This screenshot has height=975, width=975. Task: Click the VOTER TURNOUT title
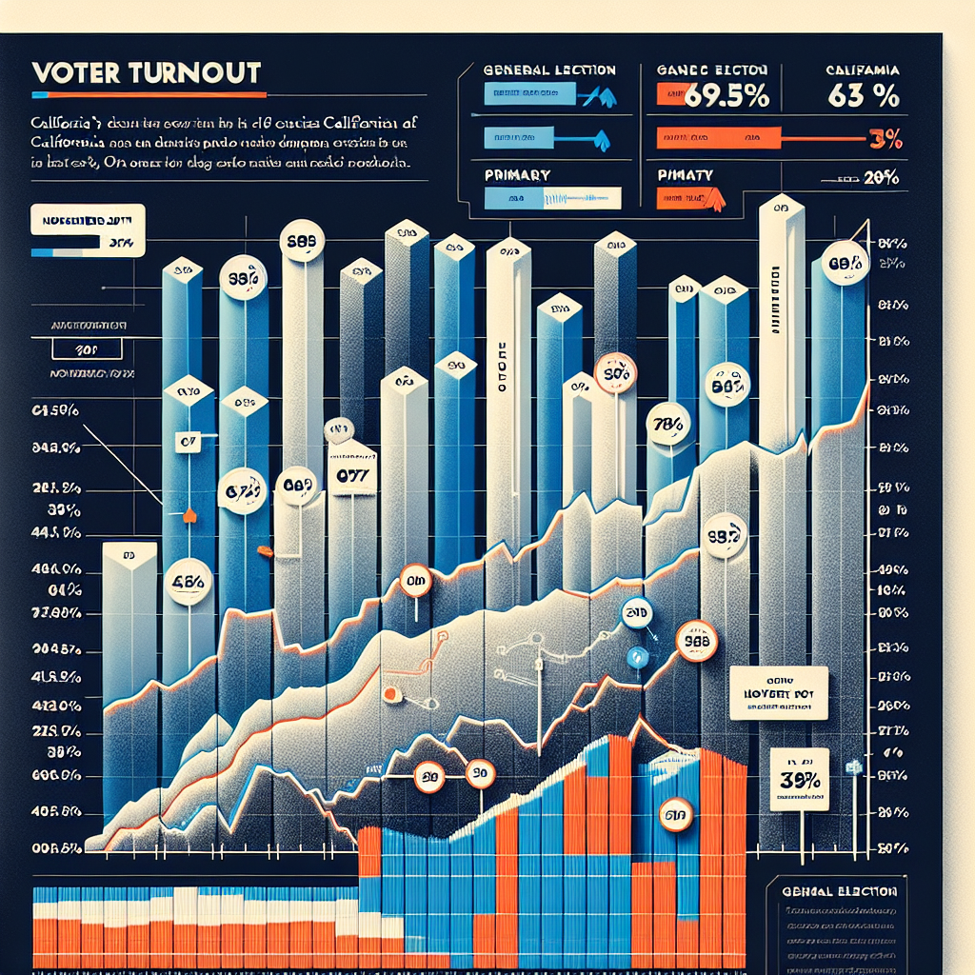147,72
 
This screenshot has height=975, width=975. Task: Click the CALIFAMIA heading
862,69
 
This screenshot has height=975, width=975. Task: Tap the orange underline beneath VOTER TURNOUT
147,95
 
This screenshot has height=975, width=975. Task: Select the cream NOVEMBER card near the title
87,231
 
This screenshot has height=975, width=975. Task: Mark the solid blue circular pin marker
638,656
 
